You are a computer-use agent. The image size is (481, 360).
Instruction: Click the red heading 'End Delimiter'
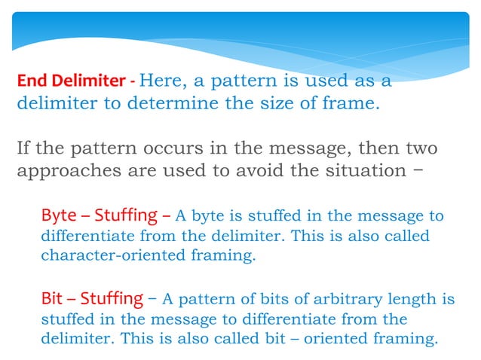pos(71,80)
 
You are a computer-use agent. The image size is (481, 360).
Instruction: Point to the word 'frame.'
pos(348,104)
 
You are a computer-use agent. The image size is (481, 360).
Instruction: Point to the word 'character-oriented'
pos(106,255)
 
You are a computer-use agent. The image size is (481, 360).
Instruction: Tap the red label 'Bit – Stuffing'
pos(91,298)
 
